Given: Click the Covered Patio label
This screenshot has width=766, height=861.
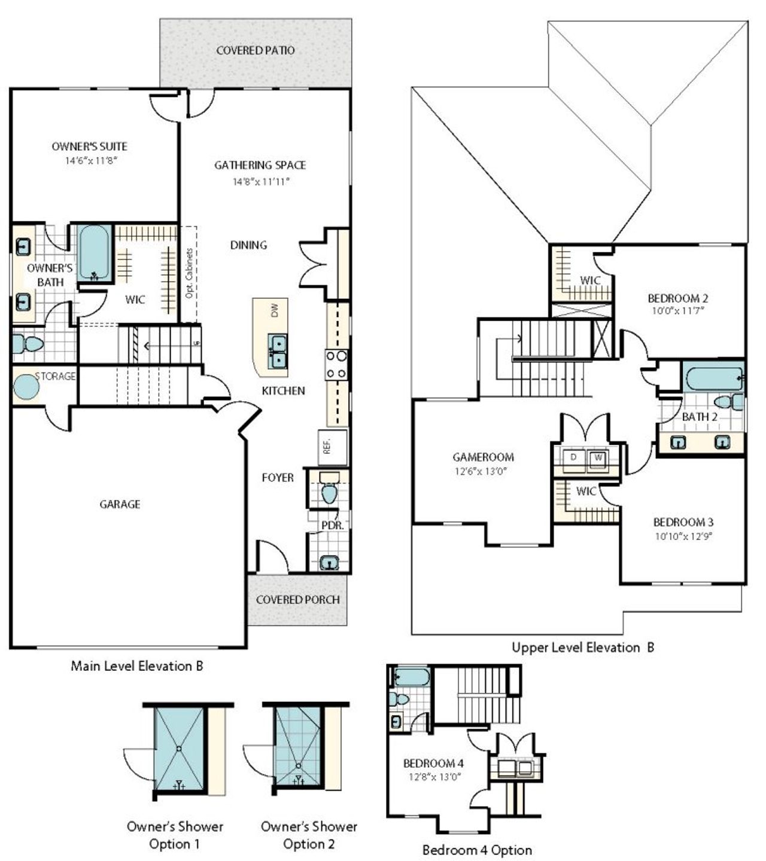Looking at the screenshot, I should coord(256,50).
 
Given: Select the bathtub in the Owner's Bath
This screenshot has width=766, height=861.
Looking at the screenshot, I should coord(95,253).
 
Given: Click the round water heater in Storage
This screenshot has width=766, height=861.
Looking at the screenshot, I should coord(26,386).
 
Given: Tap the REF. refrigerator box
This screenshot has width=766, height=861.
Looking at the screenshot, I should coord(327,447).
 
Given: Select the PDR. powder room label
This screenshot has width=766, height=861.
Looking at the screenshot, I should coord(332,525).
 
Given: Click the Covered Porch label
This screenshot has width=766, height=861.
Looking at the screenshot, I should coord(297,600).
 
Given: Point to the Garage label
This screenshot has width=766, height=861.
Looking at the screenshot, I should coord(120,504).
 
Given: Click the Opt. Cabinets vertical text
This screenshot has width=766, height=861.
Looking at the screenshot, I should coord(189,274).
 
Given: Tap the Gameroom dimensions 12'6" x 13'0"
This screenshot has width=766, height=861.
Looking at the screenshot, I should coord(482,471).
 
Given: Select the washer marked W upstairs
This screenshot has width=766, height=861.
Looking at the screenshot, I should coord(597,459).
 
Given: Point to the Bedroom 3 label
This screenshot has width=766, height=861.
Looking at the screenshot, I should coord(683,522).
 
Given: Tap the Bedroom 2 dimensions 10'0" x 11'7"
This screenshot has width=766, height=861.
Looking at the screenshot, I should coord(678,311).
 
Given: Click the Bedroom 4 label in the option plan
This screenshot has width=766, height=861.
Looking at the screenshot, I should coord(433,763).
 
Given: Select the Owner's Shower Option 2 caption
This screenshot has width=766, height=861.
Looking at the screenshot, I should coord(309,835).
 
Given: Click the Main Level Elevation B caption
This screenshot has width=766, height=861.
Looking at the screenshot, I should coord(137,665).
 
